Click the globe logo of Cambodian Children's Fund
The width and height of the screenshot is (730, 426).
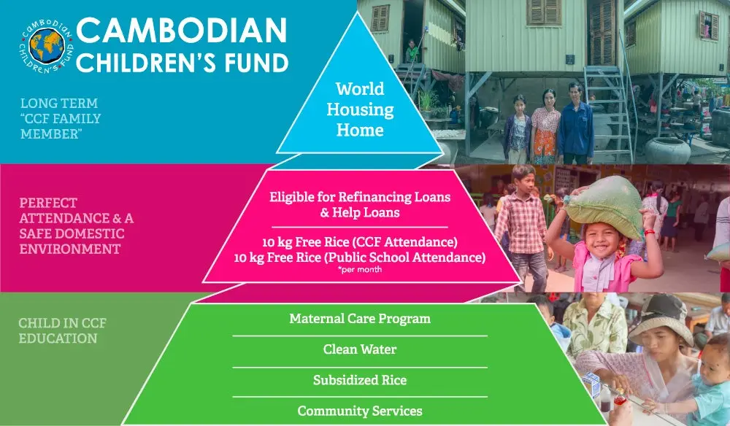pos(47,45)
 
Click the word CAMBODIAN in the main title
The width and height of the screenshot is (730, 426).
pos(181,30)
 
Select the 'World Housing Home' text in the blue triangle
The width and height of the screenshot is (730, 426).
pos(360,109)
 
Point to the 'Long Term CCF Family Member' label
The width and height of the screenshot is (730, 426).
pos(61,119)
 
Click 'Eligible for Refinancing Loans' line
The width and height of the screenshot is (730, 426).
pos(360,197)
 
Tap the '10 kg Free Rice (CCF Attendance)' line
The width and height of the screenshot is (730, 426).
pos(360,242)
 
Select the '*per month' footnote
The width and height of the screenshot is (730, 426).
pos(360,269)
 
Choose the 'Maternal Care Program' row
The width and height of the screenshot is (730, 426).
pos(360,319)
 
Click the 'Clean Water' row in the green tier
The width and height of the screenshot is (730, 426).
pos(360,349)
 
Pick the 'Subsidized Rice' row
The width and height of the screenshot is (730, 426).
pos(360,380)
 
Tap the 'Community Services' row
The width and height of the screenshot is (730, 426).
pos(360,411)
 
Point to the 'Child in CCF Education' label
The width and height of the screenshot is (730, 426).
pos(62,330)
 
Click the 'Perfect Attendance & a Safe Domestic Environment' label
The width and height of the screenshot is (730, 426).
pos(77,226)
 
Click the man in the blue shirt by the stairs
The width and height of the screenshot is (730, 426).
pos(576,124)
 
